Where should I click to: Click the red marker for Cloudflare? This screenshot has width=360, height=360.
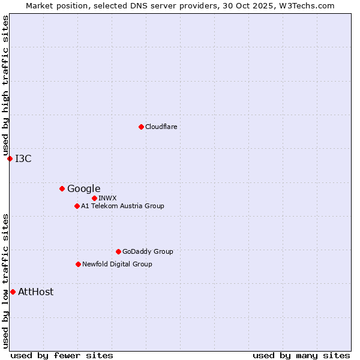[x=141, y=127]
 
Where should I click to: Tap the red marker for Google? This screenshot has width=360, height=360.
[x=62, y=188]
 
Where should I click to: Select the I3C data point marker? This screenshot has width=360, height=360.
[x=10, y=158]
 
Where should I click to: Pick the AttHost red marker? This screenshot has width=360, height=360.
[x=13, y=292]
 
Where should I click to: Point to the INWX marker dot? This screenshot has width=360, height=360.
[x=94, y=198]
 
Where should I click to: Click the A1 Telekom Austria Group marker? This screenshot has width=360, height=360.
[x=77, y=206]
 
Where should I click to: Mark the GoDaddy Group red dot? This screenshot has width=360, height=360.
[x=118, y=251]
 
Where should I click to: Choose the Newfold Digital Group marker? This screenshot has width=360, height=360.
[x=78, y=264]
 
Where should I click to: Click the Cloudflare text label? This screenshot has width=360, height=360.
[x=161, y=127]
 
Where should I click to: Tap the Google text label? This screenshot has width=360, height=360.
[x=84, y=188]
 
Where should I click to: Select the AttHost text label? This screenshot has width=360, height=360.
[x=36, y=292]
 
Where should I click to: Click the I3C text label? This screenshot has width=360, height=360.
[x=23, y=158]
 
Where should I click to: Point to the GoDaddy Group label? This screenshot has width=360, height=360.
[x=148, y=251]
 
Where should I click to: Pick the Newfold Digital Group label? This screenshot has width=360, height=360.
[x=117, y=264]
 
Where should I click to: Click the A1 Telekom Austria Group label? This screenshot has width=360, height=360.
[x=122, y=206]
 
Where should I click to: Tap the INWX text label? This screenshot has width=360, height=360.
[x=108, y=198]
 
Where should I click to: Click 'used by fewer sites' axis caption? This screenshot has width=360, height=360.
[x=62, y=355]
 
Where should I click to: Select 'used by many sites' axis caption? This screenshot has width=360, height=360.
[x=301, y=355]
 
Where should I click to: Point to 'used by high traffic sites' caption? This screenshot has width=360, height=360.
[x=5, y=85]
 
